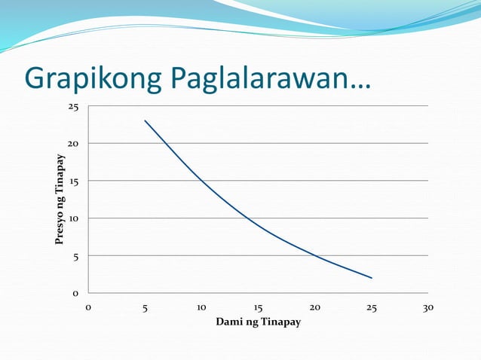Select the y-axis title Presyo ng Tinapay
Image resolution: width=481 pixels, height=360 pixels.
[x=59, y=200]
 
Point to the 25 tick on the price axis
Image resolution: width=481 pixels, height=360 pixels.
[x=73, y=107]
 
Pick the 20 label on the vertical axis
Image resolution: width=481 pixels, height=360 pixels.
[x=73, y=144]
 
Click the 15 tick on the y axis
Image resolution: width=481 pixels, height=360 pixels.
[x=73, y=182]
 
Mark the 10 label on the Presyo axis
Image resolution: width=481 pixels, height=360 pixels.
[x=73, y=218]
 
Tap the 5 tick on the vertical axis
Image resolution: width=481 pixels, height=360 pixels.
[x=75, y=256]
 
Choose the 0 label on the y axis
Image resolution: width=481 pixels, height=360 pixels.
[x=75, y=294]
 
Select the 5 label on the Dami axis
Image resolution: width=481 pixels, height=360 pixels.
[x=145, y=307]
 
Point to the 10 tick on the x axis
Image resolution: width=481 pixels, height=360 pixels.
[x=201, y=307]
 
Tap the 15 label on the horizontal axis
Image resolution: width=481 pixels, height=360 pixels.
[x=258, y=307]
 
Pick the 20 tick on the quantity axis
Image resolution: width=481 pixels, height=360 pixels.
[x=314, y=307]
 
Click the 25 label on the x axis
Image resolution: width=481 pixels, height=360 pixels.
[x=372, y=307]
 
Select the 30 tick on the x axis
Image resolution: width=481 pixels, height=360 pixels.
[x=428, y=307]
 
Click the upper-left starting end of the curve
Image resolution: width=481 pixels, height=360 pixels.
[x=145, y=121]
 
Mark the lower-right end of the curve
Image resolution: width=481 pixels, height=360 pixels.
[x=372, y=278]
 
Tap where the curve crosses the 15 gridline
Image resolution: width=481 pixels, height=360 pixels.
[x=201, y=181]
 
